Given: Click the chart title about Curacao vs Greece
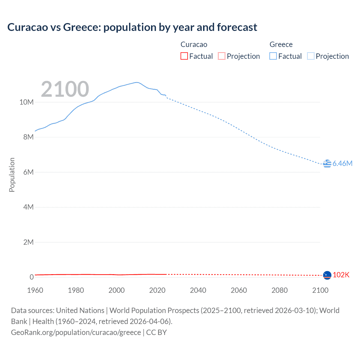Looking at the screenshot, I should click(132, 27).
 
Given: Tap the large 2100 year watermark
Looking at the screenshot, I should click(65, 89).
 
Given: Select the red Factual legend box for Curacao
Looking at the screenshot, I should click(184, 56).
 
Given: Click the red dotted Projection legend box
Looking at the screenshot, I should click(222, 56).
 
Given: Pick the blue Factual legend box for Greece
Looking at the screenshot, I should click(273, 56).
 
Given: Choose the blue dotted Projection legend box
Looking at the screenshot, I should click(310, 56).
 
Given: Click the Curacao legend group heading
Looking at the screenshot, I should click(194, 44).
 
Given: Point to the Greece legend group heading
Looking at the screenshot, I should click(281, 44).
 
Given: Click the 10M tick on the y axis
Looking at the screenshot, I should click(26, 102).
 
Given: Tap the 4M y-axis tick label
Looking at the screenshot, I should click(28, 207).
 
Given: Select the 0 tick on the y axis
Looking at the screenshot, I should click(31, 277).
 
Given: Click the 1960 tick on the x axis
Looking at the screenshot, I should click(35, 290).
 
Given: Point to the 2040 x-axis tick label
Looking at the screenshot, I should click(198, 290).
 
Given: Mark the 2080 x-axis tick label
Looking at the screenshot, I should click(280, 290).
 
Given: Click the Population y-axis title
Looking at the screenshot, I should click(12, 175).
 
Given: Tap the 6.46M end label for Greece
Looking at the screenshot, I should click(342, 163).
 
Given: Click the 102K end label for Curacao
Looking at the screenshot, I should click(341, 275).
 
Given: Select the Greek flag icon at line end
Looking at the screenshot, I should click(327, 163).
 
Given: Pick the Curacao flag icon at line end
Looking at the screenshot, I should click(327, 275).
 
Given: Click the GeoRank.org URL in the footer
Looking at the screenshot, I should click(76, 332).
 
